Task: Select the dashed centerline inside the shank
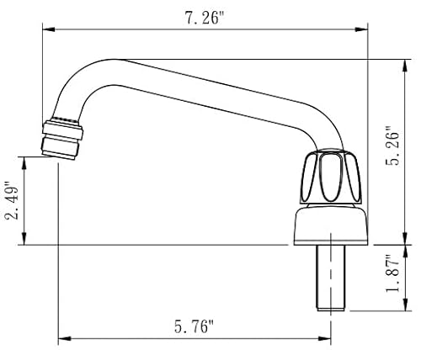tap(332, 282)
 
